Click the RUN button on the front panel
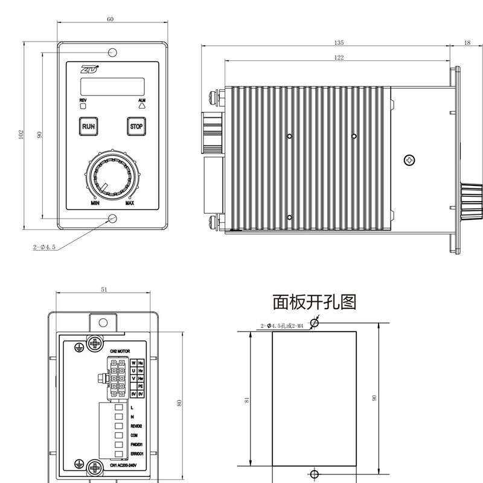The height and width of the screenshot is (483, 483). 89,127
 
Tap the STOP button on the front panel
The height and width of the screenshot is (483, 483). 136,127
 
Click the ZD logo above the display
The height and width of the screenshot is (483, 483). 89,68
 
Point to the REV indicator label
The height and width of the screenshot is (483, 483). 83,99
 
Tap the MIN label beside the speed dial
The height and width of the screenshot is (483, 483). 95,203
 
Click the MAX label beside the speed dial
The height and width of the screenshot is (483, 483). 130,203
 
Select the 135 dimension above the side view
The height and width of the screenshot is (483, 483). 339,43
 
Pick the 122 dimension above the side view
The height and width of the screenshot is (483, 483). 339,57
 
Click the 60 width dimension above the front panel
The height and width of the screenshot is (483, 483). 110,19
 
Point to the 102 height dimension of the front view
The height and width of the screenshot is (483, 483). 20,135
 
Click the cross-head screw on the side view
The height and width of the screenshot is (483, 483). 410,160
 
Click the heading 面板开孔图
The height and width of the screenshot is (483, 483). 315,301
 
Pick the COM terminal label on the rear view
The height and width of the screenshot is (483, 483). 134,435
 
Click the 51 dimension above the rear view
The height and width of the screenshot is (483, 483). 104,290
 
